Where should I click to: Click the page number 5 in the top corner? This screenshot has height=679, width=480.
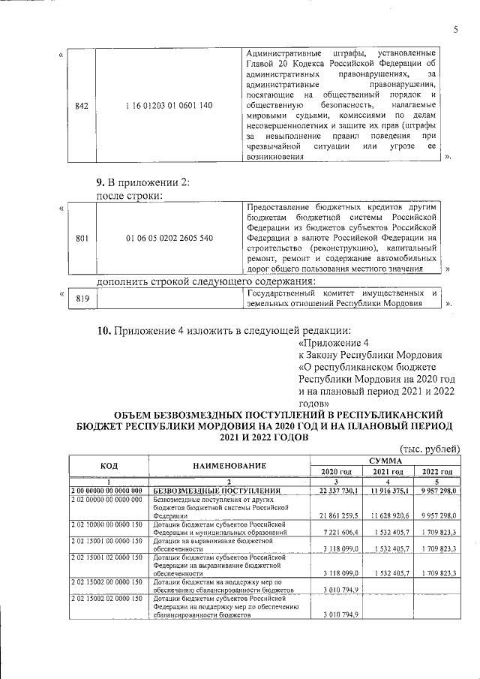(454, 29)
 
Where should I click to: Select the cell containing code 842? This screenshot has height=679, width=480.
(82, 106)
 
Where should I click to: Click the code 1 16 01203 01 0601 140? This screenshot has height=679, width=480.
(169, 106)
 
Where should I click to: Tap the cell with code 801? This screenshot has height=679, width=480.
(82, 238)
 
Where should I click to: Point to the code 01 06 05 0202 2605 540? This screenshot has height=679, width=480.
(169, 238)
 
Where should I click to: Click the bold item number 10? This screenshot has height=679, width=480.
(104, 331)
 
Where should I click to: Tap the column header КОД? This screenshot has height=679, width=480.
(109, 465)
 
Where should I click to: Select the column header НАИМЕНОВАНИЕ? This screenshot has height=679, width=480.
(229, 465)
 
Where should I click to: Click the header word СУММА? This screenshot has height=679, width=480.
(384, 460)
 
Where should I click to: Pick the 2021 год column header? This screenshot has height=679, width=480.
(384, 471)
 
